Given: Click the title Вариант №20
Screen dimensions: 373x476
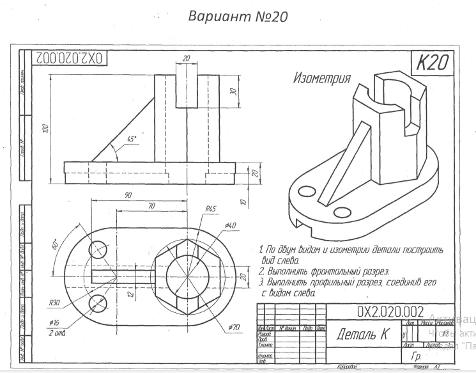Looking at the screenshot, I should coord(238,15).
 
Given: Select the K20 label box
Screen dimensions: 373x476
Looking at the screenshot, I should coord(432,63).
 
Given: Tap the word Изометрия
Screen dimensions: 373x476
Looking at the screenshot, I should coord(321,79).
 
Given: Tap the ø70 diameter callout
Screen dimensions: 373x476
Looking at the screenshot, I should coord(233,328).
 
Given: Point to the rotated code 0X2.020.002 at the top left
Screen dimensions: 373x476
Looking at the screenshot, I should coord(66,58).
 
